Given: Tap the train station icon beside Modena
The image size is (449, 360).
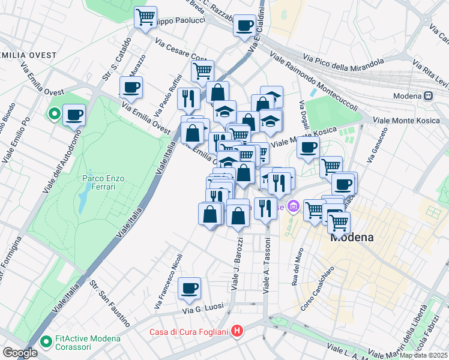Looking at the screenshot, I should (x=428, y=96).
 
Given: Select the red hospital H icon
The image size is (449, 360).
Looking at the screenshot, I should (x=238, y=331).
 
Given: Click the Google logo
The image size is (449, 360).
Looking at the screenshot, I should (x=20, y=352).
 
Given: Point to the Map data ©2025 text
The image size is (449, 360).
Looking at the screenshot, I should (x=421, y=355).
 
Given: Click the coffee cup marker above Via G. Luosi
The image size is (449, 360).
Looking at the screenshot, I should (x=190, y=289).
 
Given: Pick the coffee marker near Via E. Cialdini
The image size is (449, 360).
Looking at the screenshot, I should (x=244, y=26).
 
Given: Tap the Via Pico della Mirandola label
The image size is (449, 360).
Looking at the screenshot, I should (x=343, y=61).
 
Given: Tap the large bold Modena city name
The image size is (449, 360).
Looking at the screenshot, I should (x=352, y=237).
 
